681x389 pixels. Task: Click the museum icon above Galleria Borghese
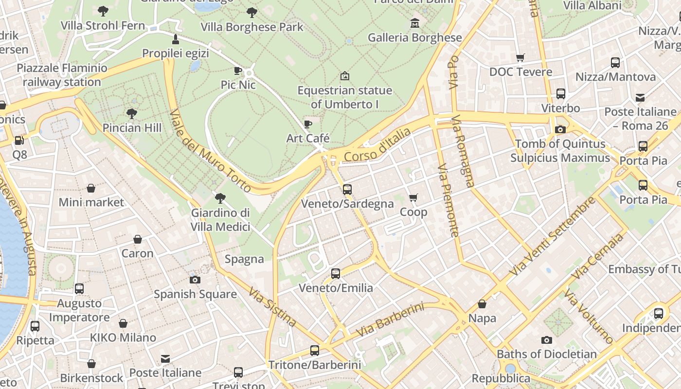[x=414, y=23]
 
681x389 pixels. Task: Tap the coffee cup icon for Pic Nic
[x=238, y=71]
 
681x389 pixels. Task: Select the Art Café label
[x=308, y=138]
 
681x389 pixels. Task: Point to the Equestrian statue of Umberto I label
[x=344, y=97]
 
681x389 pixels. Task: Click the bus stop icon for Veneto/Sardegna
[x=347, y=189]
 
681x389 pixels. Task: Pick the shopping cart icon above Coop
[x=413, y=197]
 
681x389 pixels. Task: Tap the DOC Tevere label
[x=520, y=72]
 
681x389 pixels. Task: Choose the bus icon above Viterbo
[x=560, y=93]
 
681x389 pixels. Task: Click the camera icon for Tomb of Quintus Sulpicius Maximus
[x=560, y=129]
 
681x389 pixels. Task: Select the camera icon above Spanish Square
[x=195, y=280]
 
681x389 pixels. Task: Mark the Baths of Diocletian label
[x=547, y=354]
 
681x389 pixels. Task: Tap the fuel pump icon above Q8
[x=19, y=141]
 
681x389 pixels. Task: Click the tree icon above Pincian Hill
[x=131, y=114]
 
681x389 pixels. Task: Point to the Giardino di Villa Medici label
[x=220, y=220]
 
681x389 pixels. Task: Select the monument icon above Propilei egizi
[x=176, y=39]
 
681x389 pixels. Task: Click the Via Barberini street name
[x=390, y=320]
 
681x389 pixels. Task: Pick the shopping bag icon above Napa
[x=482, y=304]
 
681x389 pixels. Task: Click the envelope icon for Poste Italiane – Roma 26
[x=640, y=98]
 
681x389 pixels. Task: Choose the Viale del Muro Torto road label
[x=210, y=150]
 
